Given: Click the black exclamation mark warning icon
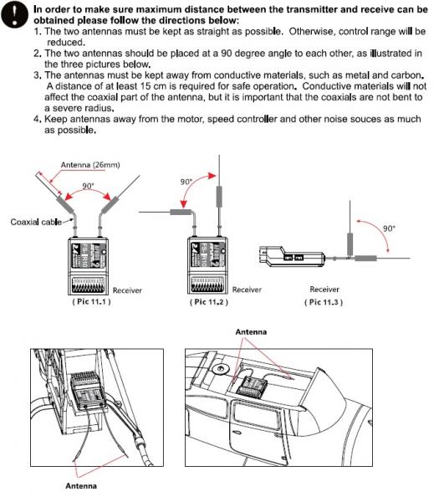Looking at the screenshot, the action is pos(15,15).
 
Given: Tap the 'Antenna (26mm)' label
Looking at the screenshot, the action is pos(90,165).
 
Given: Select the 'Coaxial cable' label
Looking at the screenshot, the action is pos(36,222).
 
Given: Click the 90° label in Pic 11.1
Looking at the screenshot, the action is pos(89,186).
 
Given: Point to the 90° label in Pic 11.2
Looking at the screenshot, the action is pos(186,182).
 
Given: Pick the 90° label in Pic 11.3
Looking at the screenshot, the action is pos(389,228).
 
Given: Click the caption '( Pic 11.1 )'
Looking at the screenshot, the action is pos(91,301).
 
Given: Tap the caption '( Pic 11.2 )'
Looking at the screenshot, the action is pos(208,302).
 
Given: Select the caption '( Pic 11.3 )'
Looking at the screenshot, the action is pos(324,302).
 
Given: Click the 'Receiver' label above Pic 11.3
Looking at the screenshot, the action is pos(324,289).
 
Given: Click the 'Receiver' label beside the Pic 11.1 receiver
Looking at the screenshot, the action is pos(127,290).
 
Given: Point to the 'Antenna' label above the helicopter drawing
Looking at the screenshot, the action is pos(251,332).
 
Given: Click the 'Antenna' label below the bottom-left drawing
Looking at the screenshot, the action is pos(81,486).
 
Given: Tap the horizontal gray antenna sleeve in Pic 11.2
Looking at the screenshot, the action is pos(181,212).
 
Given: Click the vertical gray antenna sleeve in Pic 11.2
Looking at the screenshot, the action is pos(219,197).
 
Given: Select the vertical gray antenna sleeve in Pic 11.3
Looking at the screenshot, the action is pos(350,244).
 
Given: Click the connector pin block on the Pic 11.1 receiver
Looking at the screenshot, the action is pos(87,285).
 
